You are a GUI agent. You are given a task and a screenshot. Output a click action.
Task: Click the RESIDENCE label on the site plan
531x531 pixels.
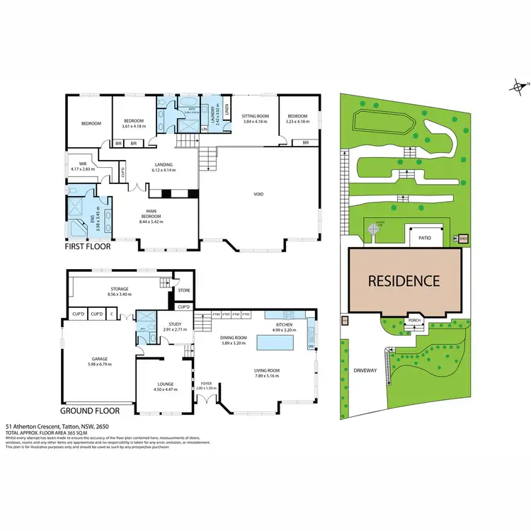click(x=403, y=280)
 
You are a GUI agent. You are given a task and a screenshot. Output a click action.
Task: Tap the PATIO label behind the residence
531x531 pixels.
click(x=424, y=238)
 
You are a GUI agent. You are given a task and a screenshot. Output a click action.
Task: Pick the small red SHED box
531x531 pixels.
click(x=464, y=239)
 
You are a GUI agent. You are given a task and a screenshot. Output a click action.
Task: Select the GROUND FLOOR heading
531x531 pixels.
click(x=90, y=410)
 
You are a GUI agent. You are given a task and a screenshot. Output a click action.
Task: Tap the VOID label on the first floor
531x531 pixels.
click(x=258, y=194)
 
